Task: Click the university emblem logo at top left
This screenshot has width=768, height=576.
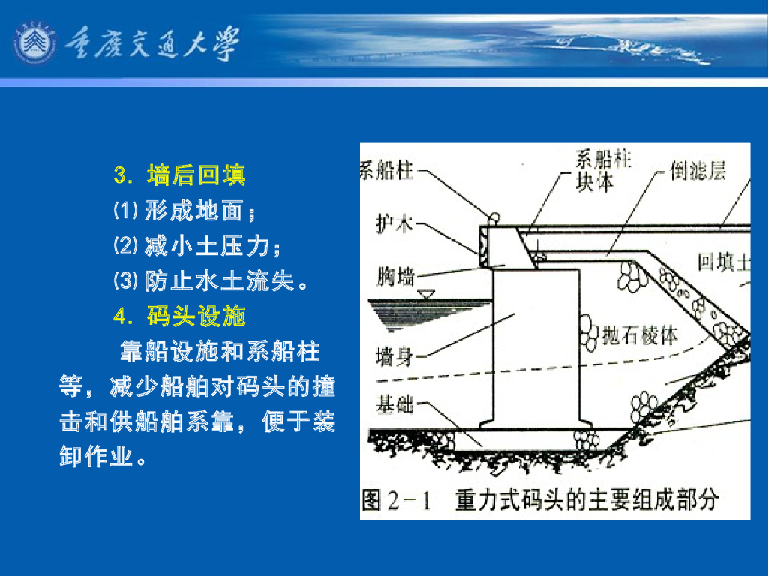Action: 34,43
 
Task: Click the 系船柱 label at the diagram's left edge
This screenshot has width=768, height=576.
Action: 386,170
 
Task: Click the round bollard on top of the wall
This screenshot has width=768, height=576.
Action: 494,217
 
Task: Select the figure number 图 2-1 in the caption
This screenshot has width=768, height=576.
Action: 397,500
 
